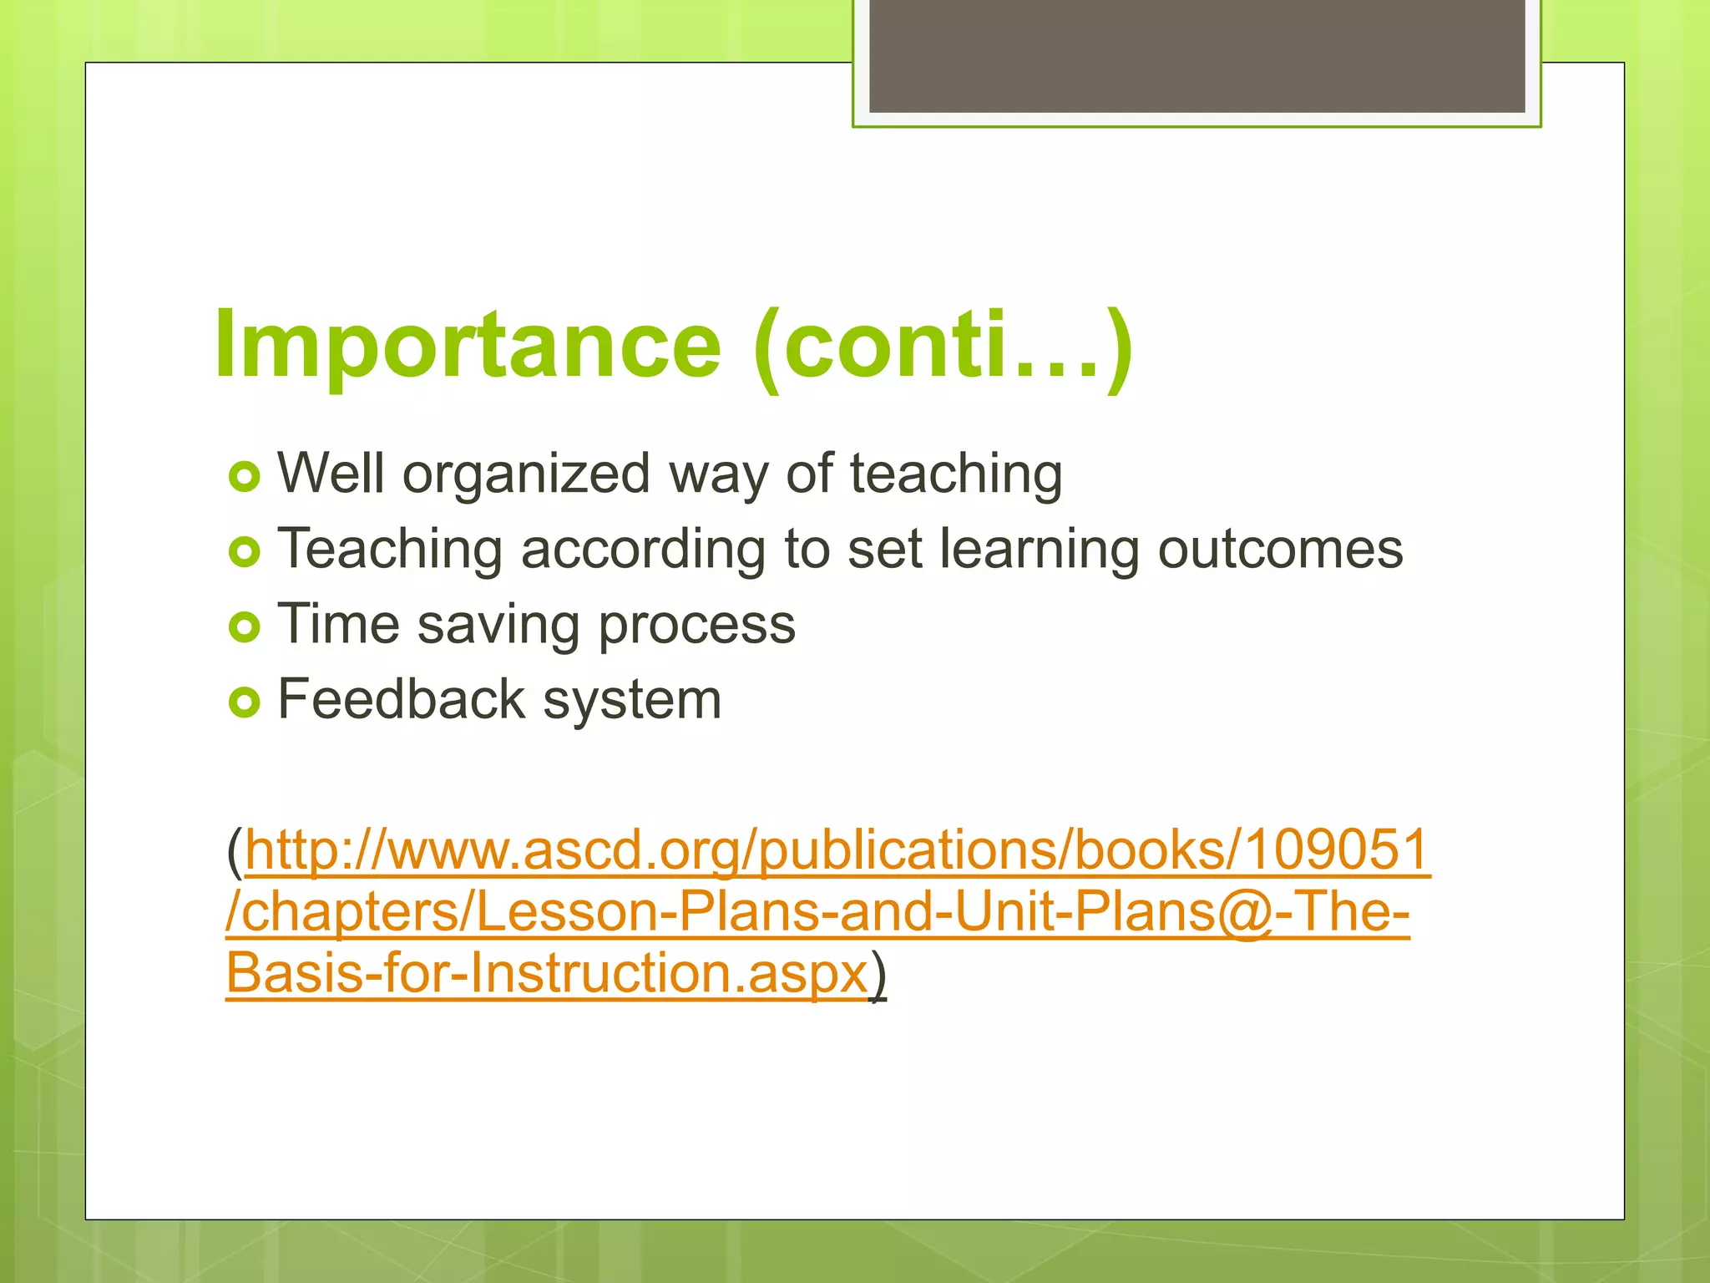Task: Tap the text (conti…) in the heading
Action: [942, 347]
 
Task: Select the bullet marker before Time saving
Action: [244, 627]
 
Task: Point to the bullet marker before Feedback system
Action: [244, 702]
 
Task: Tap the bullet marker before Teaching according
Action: [244, 552]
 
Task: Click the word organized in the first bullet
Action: [526, 474]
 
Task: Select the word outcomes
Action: [1280, 550]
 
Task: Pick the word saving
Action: [498, 625]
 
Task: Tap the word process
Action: [697, 625]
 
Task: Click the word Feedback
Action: [401, 699]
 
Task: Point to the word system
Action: [632, 700]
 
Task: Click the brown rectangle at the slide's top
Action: [1196, 56]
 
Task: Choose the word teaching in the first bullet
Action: [956, 474]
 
